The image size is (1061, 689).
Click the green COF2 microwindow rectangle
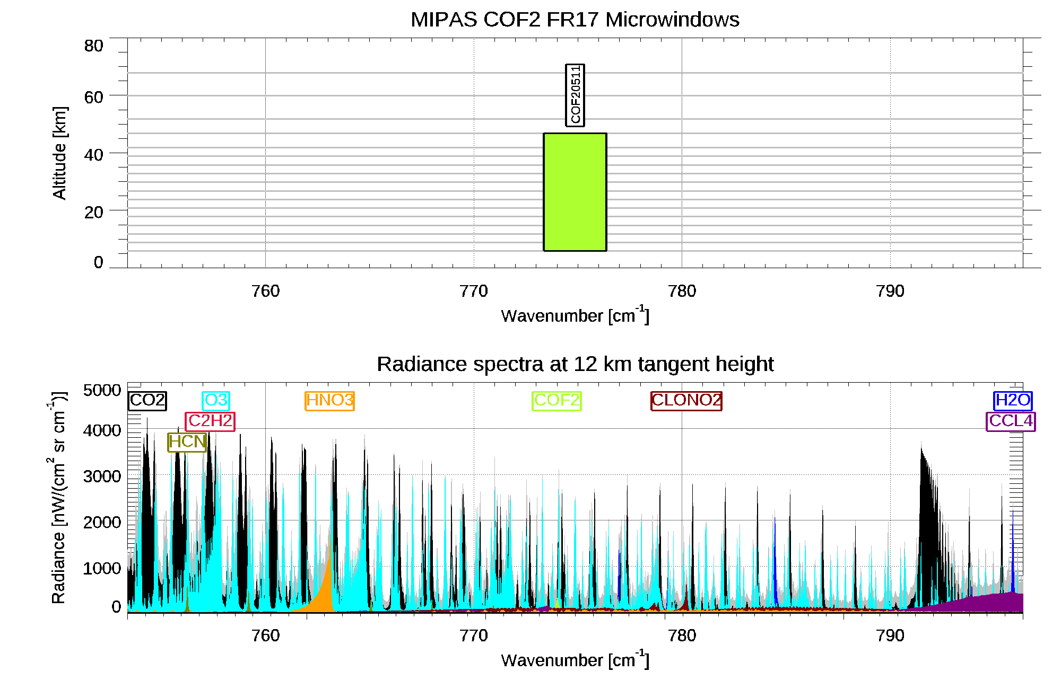575,192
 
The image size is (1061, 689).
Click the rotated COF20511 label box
575,95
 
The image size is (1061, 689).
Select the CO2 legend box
147,400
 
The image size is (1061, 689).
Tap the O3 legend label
216,400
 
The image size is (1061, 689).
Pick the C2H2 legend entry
210,421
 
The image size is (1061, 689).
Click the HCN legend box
187,441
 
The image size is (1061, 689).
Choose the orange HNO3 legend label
329,400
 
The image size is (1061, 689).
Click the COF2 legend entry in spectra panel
556,400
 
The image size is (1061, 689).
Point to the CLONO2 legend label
686,400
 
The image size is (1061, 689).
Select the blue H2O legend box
1012,400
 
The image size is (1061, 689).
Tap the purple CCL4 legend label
1011,421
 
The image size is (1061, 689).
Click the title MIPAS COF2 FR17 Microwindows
575,20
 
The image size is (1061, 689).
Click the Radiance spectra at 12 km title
575,364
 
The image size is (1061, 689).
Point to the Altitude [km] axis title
59,153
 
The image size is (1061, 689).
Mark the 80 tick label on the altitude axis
93,46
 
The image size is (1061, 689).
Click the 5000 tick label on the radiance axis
102,391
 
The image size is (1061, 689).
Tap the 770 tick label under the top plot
473,291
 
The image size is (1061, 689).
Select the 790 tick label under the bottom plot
890,635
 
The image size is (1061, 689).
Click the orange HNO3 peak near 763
326,588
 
